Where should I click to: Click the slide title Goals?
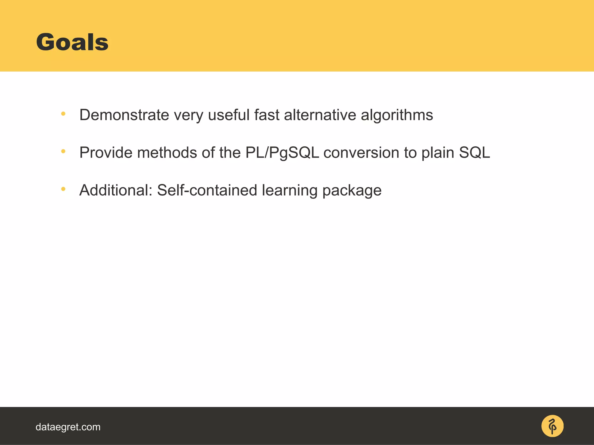[72, 42]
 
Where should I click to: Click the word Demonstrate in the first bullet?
[124, 115]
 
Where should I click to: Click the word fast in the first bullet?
[267, 115]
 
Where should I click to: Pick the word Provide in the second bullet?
[106, 153]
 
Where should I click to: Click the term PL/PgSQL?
[282, 153]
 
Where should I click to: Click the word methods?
[167, 153]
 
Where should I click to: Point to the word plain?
[438, 153]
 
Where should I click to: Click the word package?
[352, 190]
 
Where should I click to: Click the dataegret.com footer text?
[68, 427]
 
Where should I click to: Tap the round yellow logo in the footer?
[552, 426]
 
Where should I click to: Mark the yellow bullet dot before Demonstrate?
[63, 114]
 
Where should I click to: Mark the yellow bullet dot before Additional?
[63, 189]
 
